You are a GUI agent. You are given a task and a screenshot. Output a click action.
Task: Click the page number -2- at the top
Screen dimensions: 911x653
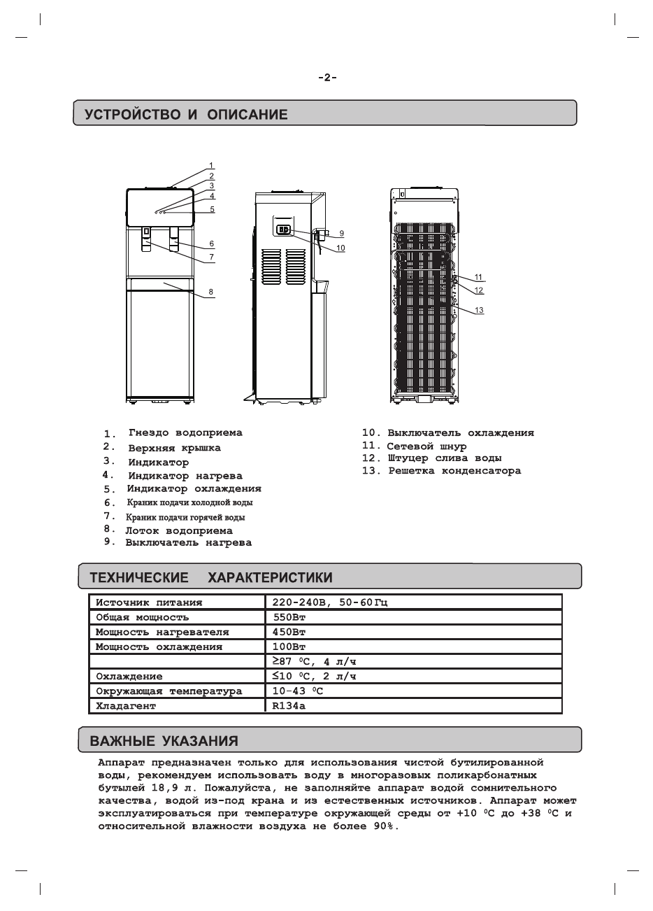point(327,78)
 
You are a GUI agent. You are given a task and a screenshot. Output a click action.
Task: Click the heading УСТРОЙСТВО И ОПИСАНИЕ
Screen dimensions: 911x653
point(186,115)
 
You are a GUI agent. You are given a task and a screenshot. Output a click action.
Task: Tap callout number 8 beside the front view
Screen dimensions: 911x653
point(210,292)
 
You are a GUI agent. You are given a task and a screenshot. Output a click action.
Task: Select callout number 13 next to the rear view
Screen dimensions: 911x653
point(479,310)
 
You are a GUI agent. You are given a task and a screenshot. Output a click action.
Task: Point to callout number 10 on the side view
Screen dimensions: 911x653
point(340,248)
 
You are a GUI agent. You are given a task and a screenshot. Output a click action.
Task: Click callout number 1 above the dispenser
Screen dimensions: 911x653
point(210,166)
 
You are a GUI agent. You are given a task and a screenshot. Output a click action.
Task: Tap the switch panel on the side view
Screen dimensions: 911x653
point(284,229)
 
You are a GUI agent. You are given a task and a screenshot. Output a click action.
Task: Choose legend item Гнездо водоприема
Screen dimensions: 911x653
point(185,433)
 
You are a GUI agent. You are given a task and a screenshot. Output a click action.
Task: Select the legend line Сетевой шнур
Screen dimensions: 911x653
point(426,446)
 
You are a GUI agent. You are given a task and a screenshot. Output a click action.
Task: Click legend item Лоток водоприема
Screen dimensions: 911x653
point(179,530)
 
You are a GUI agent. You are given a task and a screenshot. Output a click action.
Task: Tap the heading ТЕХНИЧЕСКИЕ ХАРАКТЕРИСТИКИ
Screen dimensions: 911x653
point(211,578)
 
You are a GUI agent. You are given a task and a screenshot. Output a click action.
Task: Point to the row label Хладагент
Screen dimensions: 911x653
point(126,706)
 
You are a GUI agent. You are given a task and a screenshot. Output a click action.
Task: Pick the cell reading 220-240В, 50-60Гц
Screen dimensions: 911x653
point(330,602)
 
